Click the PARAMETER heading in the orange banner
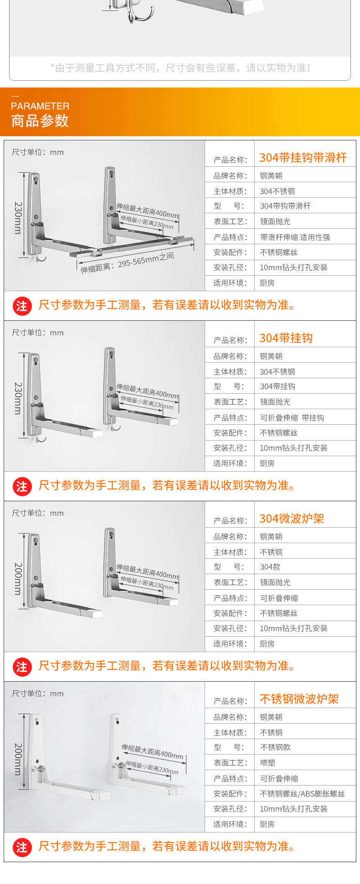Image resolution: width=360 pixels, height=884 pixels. pos(40,106)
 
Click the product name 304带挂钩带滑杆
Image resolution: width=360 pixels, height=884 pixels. pos(303,158)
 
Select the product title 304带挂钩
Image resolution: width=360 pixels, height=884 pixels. pos(286,338)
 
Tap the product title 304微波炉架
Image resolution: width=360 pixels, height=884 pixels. pos(292,519)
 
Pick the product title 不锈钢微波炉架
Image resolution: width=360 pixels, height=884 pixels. pos(299,699)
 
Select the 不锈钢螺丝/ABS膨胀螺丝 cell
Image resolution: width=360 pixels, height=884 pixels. pos(302,794)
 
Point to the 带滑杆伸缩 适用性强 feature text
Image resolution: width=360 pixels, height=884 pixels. pos(295,237)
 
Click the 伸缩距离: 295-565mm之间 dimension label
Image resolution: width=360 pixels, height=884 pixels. pos(127,263)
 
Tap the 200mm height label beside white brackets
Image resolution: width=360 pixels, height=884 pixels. pos(18,759)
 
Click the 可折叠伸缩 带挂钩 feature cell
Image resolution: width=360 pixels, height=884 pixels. pos(292,418)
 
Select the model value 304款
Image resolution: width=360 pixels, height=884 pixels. pos(270,567)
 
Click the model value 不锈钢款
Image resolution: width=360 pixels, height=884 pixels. pos(275,747)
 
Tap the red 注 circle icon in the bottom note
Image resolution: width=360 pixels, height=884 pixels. pos(22,847)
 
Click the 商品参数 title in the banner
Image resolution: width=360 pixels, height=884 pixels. pos(40,121)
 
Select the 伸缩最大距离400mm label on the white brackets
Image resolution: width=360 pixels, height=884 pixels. pos(152,751)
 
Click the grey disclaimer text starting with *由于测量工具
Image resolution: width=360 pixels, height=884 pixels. pos(180,68)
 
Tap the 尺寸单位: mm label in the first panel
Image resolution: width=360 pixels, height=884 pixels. pos(38,152)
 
